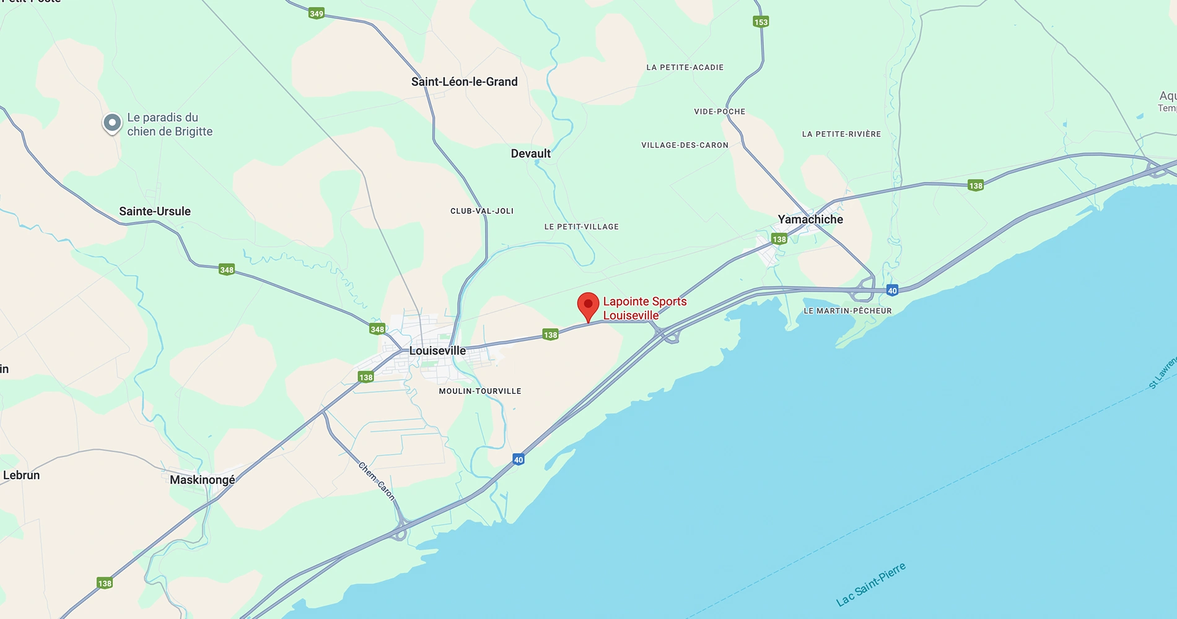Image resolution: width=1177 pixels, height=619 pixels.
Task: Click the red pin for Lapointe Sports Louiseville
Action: [x=588, y=305]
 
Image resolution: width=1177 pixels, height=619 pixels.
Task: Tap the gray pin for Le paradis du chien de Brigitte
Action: [x=112, y=123]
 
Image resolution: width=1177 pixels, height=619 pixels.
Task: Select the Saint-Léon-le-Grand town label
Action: [x=464, y=82]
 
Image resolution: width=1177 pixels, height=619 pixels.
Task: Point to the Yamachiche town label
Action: [x=810, y=219]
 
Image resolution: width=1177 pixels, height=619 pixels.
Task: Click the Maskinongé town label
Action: [x=203, y=480]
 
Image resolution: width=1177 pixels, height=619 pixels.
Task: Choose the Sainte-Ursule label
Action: [x=155, y=211]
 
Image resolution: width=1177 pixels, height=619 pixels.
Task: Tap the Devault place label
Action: [x=530, y=154]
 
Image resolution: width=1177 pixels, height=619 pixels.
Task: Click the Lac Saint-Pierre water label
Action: [x=870, y=585]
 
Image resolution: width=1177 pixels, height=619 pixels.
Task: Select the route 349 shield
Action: [x=317, y=13]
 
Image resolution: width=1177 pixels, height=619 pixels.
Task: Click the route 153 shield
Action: [x=761, y=22]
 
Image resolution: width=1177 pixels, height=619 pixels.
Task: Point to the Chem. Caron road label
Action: [x=376, y=480]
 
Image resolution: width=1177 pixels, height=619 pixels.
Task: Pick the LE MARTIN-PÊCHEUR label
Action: [x=847, y=311]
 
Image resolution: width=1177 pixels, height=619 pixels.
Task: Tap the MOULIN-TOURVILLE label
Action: [x=480, y=391]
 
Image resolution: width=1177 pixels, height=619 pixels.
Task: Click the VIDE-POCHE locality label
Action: [x=719, y=111]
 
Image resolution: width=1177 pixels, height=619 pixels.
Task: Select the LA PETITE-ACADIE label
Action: [x=685, y=67]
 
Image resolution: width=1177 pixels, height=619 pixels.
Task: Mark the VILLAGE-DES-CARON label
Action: [x=685, y=145]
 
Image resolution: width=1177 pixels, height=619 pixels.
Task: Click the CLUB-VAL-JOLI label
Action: [x=482, y=211]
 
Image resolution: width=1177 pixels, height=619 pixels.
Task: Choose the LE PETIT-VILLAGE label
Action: [x=581, y=227]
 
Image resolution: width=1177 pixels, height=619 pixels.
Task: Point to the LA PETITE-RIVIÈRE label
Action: [x=841, y=134]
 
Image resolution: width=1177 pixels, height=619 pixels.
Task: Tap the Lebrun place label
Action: [x=22, y=475]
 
